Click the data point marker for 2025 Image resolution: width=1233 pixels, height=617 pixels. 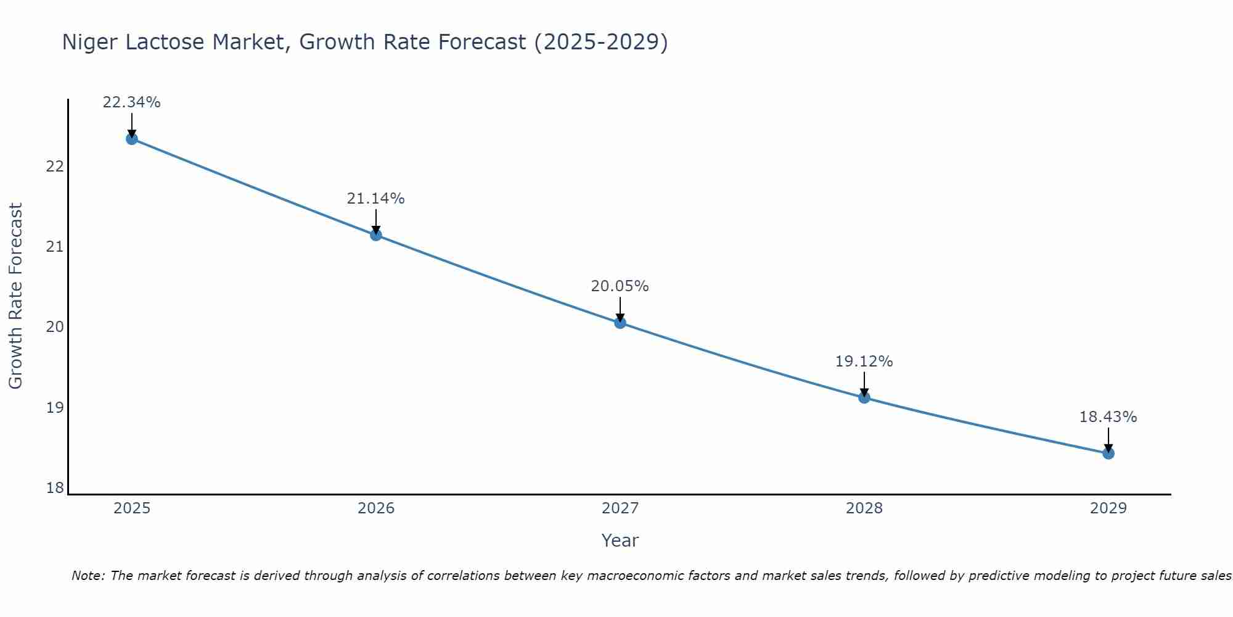131,139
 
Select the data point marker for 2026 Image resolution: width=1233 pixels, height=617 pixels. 375,235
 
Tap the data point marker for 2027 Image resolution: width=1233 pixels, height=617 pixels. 620,323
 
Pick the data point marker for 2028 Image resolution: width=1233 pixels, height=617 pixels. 864,397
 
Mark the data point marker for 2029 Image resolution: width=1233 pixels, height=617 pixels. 1108,453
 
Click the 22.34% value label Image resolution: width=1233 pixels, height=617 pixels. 131,102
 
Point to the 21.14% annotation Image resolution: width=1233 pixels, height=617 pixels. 375,199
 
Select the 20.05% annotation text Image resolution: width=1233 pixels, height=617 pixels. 620,286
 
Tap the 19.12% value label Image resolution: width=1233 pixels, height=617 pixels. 864,362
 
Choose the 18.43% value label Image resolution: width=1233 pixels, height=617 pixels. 1108,417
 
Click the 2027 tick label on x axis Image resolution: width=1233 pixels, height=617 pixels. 620,508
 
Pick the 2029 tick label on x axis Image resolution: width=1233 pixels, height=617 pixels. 1108,508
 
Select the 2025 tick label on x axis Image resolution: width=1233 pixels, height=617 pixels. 132,508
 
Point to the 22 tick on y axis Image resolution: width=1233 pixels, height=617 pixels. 55,167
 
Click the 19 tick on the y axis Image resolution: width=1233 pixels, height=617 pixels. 55,408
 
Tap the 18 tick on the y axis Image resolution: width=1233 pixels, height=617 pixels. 55,488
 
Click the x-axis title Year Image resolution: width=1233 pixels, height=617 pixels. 620,540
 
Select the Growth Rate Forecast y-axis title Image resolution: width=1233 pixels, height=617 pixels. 16,296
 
